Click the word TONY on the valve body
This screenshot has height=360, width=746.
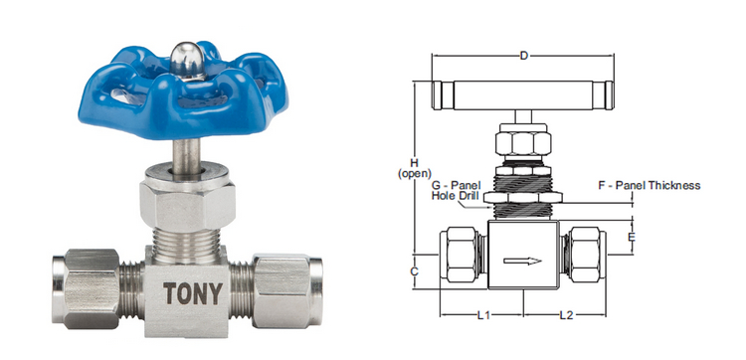click(193, 293)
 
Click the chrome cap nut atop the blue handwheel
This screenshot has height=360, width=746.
click(187, 61)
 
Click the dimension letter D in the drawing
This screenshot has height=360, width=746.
click(523, 56)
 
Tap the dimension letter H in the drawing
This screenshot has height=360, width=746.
click(414, 163)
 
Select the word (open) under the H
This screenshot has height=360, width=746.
click(414, 174)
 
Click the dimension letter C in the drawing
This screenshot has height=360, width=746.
click(414, 271)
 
